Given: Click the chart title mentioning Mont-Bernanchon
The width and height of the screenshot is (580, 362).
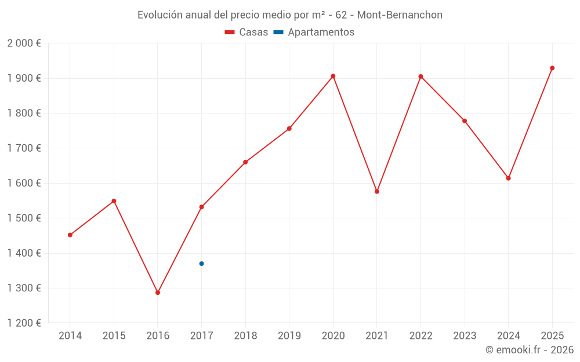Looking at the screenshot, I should (x=289, y=14).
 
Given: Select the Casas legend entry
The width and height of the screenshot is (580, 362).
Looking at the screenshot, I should (x=246, y=32).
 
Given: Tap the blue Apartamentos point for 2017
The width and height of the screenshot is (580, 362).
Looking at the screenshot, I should (x=201, y=264).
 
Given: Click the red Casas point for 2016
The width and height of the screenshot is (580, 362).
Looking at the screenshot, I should (x=158, y=292).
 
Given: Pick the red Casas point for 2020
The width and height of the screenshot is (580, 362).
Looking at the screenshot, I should (x=333, y=76).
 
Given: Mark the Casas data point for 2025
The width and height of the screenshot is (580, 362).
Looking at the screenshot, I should (x=552, y=68).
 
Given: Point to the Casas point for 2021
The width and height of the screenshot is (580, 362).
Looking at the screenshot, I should (x=377, y=191).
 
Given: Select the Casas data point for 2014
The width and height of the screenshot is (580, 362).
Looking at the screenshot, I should (x=70, y=235).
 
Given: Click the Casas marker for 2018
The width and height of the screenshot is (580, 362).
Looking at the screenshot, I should (x=245, y=162).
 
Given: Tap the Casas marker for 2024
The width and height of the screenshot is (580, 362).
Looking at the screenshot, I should (x=508, y=178).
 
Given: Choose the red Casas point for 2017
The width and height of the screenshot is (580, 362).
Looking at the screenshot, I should (x=201, y=207).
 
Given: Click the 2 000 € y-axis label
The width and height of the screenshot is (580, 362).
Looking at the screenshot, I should (x=24, y=43).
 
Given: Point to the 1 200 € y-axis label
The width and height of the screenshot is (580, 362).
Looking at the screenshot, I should (x=24, y=323).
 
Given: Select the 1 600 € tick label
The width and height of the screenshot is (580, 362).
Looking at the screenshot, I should (x=24, y=183).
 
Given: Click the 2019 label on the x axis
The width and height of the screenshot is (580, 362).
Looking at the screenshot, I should (x=289, y=336).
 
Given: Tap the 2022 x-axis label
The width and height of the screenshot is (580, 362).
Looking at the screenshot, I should (x=420, y=336).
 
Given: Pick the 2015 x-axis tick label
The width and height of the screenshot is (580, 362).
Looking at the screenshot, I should (x=114, y=336).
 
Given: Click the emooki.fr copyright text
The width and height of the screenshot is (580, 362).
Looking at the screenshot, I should (x=529, y=350).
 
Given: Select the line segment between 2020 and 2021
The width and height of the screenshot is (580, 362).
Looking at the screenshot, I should (x=355, y=134).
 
